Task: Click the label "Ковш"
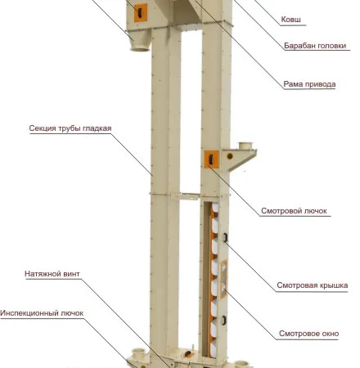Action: point(290,20)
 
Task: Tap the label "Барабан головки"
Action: point(315,46)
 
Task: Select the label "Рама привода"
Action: point(309,84)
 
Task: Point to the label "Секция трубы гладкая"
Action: point(70,128)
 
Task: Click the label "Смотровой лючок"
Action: point(294,211)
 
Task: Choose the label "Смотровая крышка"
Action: point(313,285)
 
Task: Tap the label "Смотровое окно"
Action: point(309,334)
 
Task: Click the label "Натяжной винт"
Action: point(52,274)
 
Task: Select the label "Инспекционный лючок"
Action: point(42,313)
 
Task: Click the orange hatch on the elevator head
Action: point(141,13)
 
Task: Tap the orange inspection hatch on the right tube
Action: point(212,159)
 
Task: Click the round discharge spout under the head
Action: point(140,47)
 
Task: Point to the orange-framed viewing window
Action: point(223,279)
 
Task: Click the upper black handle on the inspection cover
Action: point(225,237)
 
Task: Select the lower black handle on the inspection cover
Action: point(224,321)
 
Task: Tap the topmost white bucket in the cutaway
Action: point(215,208)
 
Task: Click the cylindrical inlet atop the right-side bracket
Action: point(245,146)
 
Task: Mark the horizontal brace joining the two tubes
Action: point(190,196)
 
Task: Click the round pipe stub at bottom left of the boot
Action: point(138,353)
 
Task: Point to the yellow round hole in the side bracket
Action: point(230,156)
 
